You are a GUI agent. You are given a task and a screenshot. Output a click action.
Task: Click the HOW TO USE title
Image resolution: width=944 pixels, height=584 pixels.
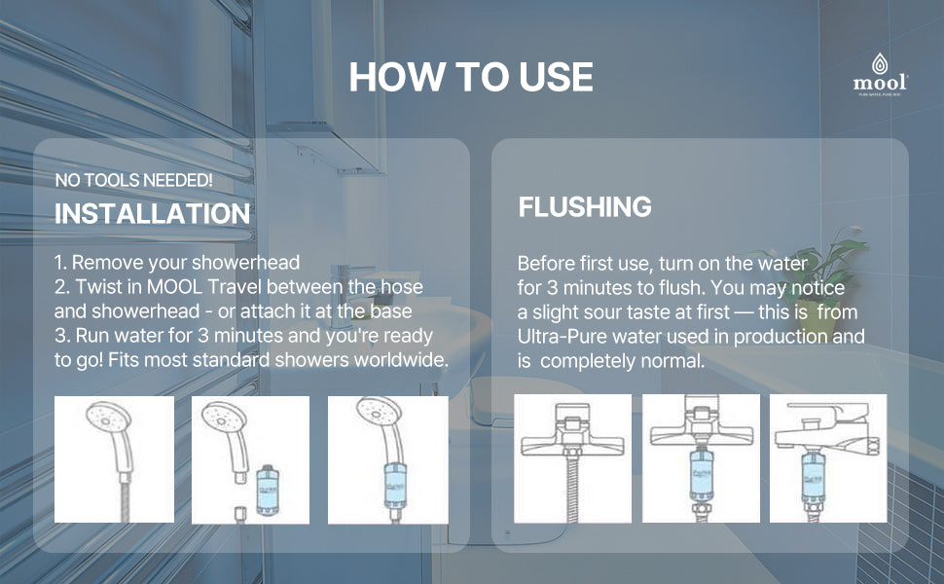[471, 77]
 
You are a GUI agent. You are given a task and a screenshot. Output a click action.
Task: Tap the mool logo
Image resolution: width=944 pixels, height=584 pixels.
[880, 75]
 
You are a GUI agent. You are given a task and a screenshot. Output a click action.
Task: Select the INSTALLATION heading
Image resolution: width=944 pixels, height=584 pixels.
[153, 214]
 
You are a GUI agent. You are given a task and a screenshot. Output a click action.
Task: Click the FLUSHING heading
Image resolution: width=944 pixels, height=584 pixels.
[585, 206]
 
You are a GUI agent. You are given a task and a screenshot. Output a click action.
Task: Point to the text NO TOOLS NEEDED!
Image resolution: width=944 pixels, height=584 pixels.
[133, 180]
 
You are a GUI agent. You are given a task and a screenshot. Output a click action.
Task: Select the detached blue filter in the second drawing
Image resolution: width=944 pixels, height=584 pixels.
[268, 491]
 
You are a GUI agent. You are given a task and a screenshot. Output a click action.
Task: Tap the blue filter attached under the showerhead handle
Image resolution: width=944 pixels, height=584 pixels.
[395, 487]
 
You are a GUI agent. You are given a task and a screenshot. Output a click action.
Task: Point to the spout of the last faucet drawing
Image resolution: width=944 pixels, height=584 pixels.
[785, 438]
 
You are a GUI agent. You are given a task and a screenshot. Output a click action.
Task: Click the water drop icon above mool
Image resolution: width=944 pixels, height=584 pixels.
[880, 62]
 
